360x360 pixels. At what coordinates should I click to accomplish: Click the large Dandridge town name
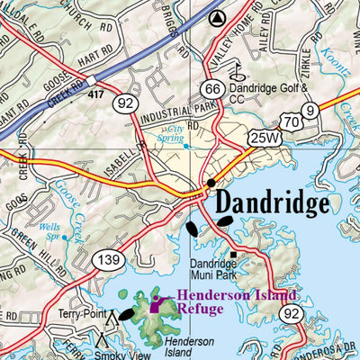click(272, 205)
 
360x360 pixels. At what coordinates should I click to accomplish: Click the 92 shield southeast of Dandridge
click(290, 314)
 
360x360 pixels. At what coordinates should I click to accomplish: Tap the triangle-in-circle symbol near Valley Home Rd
click(215, 17)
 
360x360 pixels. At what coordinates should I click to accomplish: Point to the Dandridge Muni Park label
click(213, 270)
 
